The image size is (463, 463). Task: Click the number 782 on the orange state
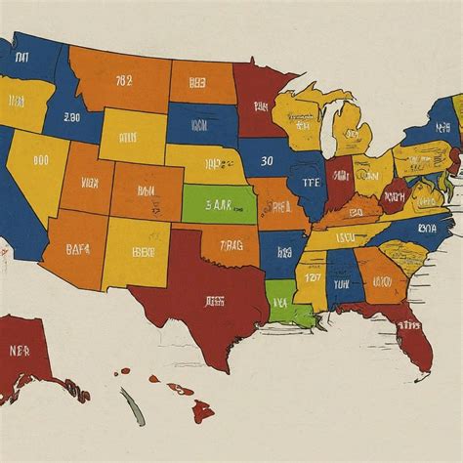point(123,81)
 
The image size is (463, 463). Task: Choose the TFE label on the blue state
point(312,182)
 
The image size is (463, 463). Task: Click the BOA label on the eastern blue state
point(427,228)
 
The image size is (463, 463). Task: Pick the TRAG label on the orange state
point(232,245)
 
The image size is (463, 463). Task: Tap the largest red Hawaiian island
point(202,410)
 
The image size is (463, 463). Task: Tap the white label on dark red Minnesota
point(256,98)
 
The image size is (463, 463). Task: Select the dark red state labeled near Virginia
point(395,196)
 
